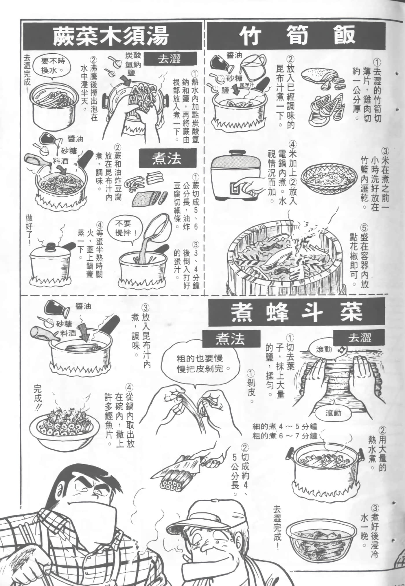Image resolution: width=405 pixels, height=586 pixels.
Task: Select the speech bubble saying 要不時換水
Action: (52, 65)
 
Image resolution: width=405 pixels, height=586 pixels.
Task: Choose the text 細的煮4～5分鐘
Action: (285, 427)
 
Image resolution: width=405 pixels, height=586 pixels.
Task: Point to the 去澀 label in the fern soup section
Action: (169, 59)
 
